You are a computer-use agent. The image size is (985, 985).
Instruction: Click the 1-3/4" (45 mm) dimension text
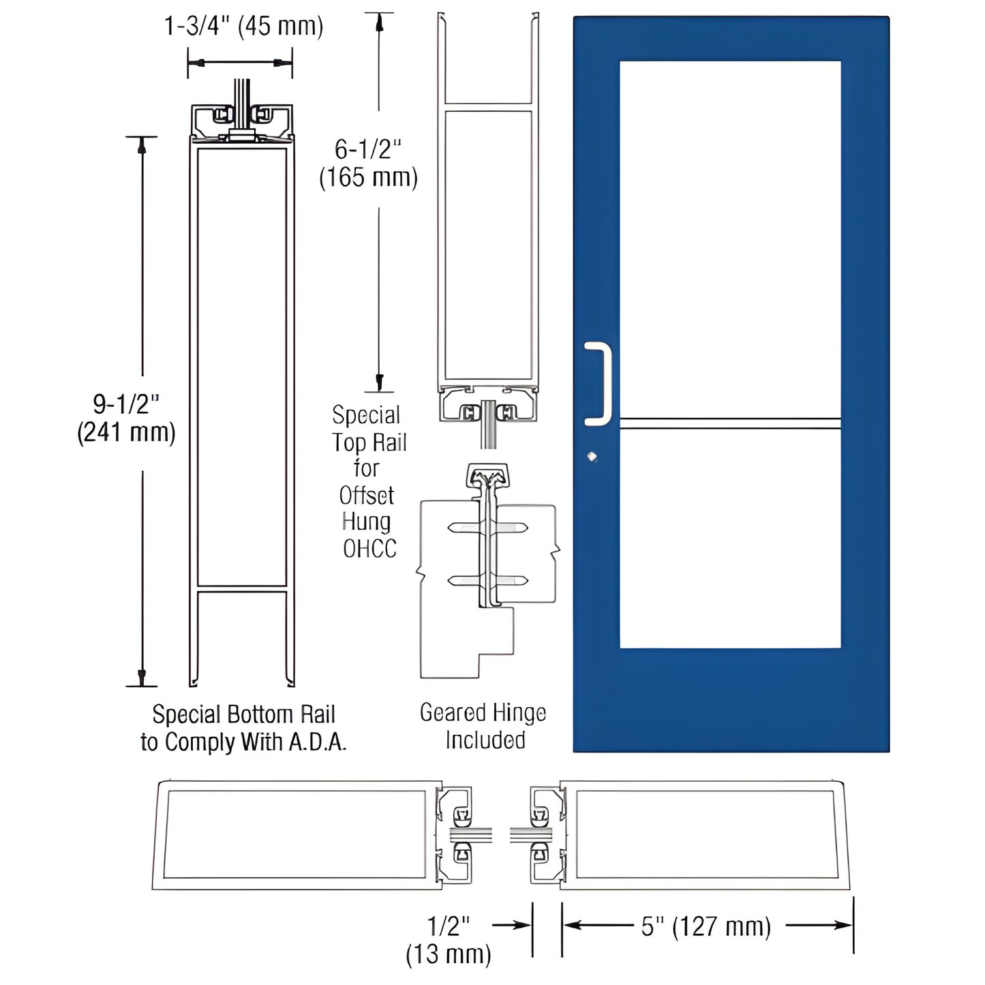[243, 27]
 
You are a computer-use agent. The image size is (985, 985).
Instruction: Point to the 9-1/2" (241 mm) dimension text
[126, 419]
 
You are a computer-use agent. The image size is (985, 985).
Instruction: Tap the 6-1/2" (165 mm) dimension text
[368, 163]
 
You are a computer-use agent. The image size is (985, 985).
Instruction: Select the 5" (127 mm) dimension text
[706, 926]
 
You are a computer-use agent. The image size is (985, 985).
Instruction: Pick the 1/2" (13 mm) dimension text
[449, 940]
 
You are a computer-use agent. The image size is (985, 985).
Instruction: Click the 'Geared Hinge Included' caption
[483, 727]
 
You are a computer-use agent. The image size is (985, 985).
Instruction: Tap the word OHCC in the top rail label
[369, 549]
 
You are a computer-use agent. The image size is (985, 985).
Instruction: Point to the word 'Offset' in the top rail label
[367, 496]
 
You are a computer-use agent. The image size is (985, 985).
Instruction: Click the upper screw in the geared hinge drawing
[487, 528]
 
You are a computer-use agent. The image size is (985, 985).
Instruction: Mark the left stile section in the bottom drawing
[297, 835]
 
